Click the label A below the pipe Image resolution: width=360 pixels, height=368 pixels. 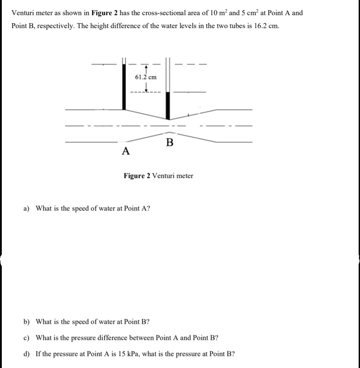(126, 151)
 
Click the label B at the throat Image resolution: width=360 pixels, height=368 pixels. (169, 143)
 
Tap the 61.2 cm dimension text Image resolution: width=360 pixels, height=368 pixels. (146, 77)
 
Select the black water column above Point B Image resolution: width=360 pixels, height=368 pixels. (168, 106)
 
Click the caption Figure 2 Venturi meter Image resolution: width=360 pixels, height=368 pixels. (159, 176)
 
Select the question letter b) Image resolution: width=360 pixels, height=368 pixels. (27, 322)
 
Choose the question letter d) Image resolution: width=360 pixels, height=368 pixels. (27, 354)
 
